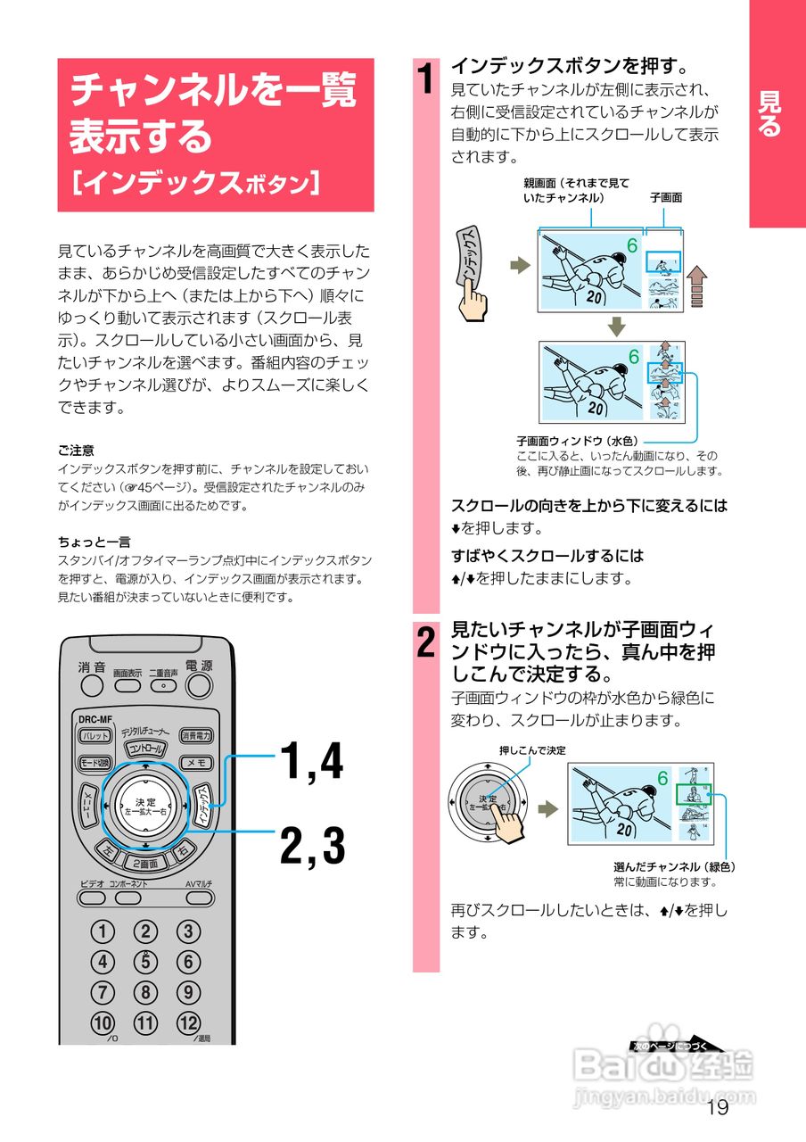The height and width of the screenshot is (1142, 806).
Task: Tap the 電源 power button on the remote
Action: (198, 685)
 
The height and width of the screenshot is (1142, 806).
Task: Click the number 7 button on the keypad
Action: (103, 992)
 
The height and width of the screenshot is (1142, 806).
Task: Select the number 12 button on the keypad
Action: (187, 1022)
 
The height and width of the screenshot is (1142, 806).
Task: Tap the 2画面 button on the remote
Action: (145, 864)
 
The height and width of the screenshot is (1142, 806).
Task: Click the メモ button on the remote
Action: (196, 763)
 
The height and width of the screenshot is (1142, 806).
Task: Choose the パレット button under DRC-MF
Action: (95, 736)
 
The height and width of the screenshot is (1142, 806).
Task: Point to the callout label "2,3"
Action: (312, 846)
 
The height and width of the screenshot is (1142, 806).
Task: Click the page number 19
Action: (716, 1108)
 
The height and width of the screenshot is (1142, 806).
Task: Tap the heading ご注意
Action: (76, 451)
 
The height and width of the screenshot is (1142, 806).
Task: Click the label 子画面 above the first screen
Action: (665, 198)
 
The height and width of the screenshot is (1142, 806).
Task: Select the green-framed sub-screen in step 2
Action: (693, 794)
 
